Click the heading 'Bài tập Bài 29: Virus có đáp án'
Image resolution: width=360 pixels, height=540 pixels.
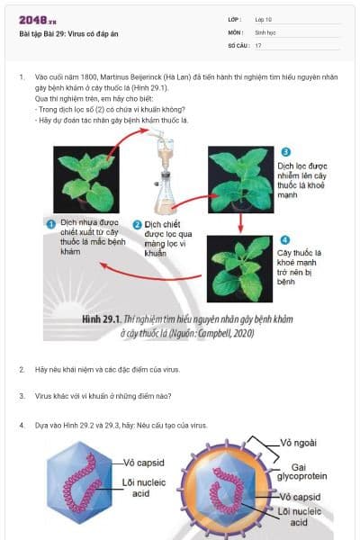(68, 33)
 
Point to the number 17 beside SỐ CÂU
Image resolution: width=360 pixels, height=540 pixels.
(258, 44)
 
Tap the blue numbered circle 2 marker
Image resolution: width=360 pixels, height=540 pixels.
(137, 224)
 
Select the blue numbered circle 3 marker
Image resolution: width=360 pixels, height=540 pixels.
(284, 152)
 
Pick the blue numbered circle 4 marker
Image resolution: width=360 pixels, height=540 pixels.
(284, 239)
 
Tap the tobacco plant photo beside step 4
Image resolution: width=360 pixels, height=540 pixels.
(238, 267)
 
